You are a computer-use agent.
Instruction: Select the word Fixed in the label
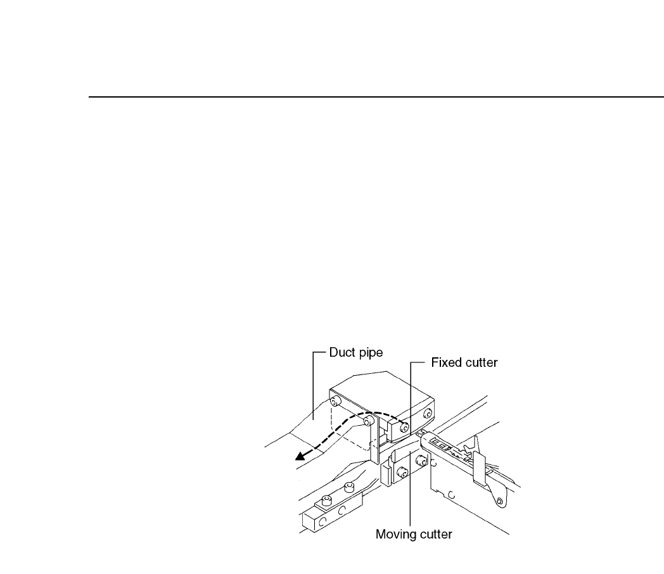click(445, 364)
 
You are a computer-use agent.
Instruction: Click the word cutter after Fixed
click(482, 364)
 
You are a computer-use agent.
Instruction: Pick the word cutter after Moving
click(435, 534)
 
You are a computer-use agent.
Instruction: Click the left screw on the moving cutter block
click(401, 472)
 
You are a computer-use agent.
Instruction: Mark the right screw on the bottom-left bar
click(348, 488)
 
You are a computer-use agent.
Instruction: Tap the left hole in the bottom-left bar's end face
click(322, 523)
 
